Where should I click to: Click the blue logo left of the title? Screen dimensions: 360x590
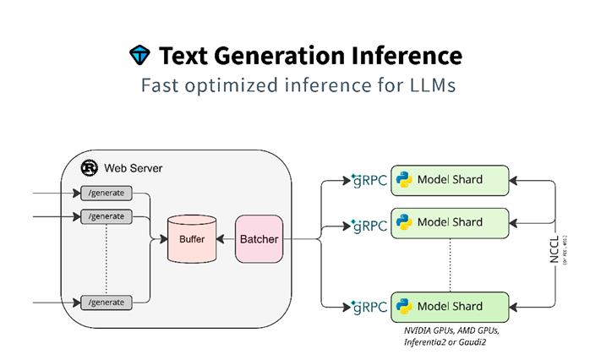pos(139,56)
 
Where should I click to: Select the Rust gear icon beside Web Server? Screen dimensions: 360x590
pos(90,167)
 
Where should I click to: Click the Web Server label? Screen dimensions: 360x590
pos(133,168)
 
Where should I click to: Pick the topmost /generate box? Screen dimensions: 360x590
pos(107,194)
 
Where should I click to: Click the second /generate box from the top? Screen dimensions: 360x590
pos(107,216)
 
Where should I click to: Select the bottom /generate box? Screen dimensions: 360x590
pos(107,302)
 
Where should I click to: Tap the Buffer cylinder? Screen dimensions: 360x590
pos(191,238)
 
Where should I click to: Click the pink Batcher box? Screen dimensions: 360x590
pos(259,239)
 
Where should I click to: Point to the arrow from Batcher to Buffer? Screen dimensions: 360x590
pos(225,239)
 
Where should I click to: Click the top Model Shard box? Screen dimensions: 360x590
pos(450,179)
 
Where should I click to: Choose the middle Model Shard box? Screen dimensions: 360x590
pos(450,222)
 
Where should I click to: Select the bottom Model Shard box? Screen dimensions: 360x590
pos(450,306)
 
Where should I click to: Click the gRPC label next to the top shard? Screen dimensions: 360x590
pos(369,181)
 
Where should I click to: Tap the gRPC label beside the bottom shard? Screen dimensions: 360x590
pos(369,307)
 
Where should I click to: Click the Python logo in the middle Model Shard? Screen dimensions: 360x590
pos(405,222)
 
